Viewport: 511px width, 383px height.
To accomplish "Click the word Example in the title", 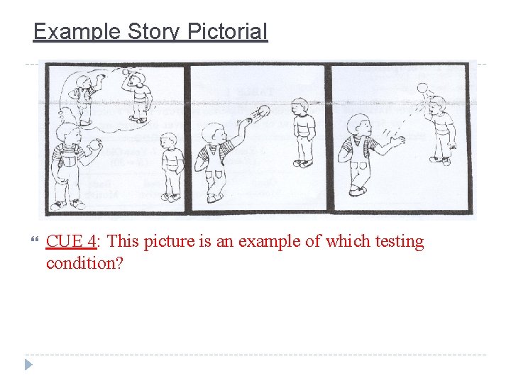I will click(77, 32).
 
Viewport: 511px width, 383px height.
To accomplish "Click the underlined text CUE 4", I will click(71, 242).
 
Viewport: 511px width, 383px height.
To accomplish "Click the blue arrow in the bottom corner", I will click(28, 365).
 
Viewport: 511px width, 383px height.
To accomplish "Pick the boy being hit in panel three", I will click(443, 128).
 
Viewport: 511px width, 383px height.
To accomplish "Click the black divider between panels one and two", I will click(188, 138).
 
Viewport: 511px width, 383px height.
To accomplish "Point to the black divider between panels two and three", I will click(329, 138).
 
